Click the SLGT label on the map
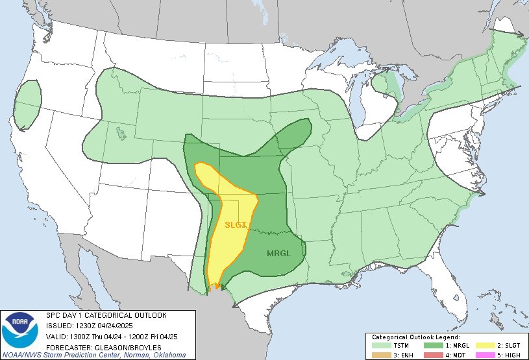[236, 225]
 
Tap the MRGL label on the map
[278, 252]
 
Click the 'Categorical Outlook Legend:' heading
[416, 337]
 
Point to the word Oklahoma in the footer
[168, 355]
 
